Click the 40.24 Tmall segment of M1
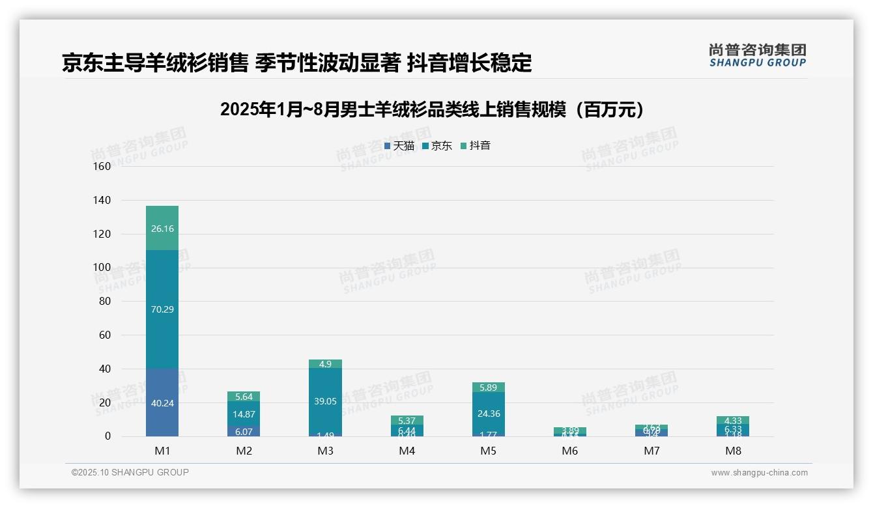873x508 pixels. tap(162, 402)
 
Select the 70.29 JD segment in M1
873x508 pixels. tap(162, 309)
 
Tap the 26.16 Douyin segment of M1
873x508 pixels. tap(162, 229)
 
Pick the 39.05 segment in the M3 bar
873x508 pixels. tap(325, 401)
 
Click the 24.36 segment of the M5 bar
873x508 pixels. tap(488, 413)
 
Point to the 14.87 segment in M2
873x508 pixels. tap(244, 414)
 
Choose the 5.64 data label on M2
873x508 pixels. tap(244, 397)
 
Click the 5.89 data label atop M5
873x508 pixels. tap(488, 388)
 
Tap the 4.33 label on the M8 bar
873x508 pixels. tap(733, 421)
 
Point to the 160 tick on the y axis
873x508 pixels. tap(102, 166)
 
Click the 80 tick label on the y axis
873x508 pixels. tap(104, 302)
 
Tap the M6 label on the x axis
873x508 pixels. tap(570, 451)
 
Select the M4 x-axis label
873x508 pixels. tap(407, 451)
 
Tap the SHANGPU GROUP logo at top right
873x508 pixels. tap(758, 55)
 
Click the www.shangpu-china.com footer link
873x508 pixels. tap(759, 473)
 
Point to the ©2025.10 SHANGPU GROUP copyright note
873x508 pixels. tap(130, 472)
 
